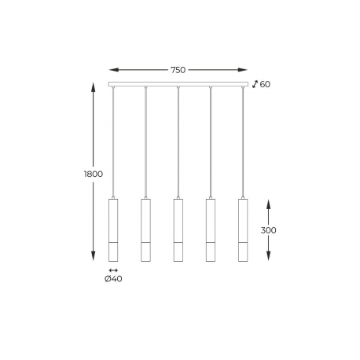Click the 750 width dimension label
pyautogui.click(x=178, y=70)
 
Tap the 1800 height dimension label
pyautogui.click(x=94, y=174)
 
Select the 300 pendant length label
pyautogui.click(x=268, y=230)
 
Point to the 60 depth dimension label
pyautogui.click(x=265, y=84)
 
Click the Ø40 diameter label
pyautogui.click(x=113, y=279)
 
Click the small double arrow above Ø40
pyautogui.click(x=113, y=270)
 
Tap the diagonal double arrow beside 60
pyautogui.click(x=255, y=84)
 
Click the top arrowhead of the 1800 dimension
pyautogui.click(x=93, y=87)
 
